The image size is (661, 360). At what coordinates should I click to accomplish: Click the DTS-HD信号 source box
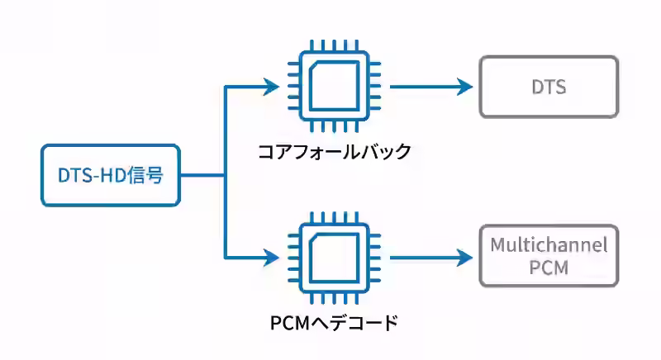(110, 175)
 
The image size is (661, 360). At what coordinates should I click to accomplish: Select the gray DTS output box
(549, 87)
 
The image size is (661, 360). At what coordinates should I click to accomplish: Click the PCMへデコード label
(335, 321)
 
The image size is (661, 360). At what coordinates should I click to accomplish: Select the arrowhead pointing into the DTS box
(463, 87)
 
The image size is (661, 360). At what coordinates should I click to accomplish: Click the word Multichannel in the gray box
(549, 245)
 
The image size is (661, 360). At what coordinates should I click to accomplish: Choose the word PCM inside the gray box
(549, 268)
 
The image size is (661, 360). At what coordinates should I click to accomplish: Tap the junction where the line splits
(226, 175)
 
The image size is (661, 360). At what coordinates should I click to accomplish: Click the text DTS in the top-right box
(549, 87)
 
